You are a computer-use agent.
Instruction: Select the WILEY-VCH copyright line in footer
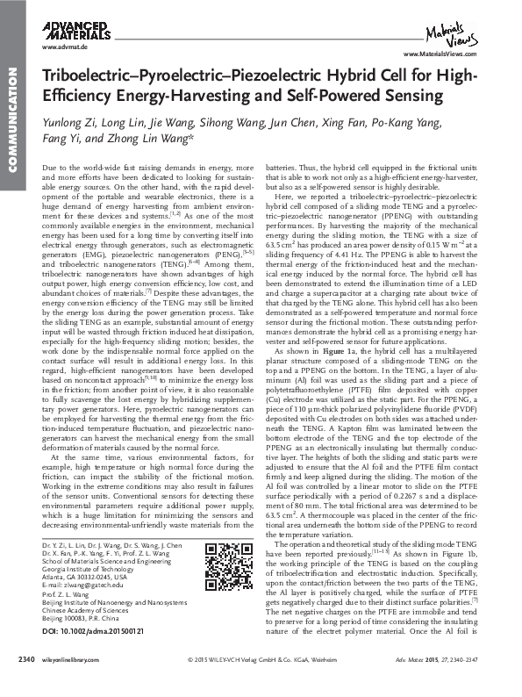pyautogui.click(x=260, y=681)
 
